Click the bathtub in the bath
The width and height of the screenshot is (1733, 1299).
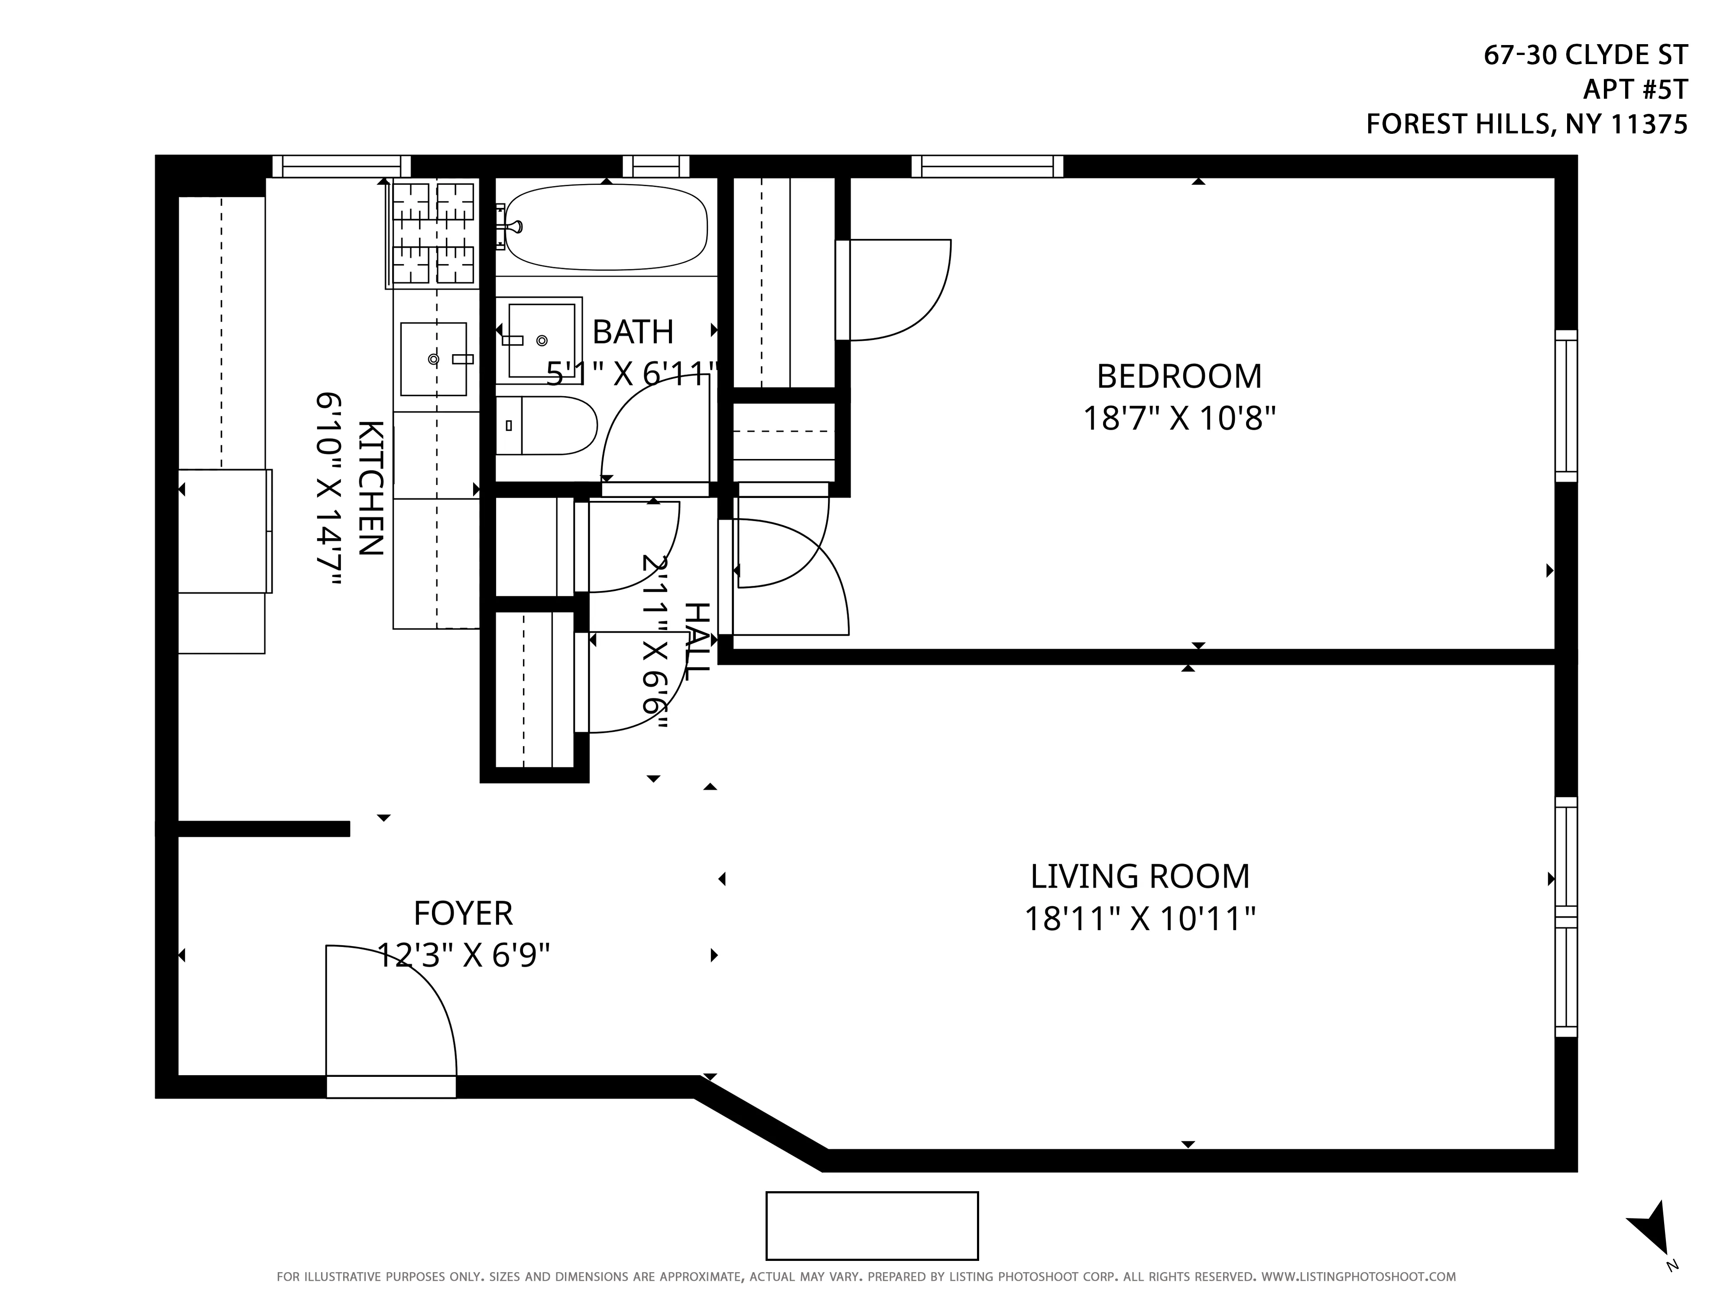pos(606,227)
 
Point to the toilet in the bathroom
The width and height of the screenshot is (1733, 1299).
pos(548,425)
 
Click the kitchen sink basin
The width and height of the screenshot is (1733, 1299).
pos(433,359)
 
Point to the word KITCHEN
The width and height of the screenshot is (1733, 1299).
pos(370,488)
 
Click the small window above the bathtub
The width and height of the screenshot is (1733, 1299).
pos(656,166)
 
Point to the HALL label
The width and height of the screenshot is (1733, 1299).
pos(697,640)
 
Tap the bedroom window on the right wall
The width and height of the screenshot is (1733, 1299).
pos(1565,406)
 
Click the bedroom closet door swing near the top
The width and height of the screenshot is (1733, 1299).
pos(897,290)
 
